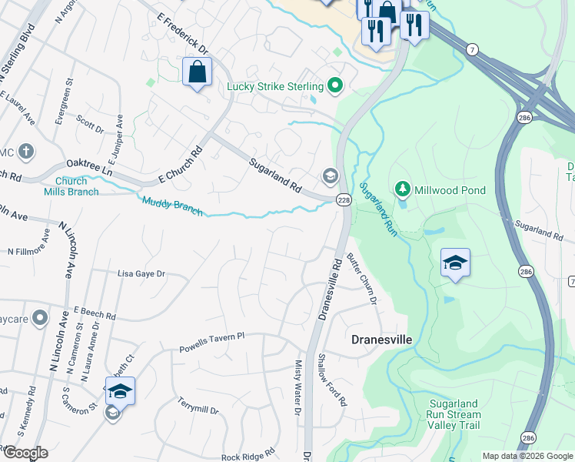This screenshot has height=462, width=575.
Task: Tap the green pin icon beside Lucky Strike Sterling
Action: pos(334,85)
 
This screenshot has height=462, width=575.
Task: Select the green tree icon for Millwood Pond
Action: pos(401,189)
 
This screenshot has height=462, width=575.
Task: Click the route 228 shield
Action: pos(343,199)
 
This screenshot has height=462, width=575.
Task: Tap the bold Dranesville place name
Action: pos(382,339)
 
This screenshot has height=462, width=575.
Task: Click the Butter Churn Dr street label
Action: pos(361,278)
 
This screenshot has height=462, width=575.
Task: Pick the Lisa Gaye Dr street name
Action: pos(141,273)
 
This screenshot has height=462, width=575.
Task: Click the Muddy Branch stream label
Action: pos(172,206)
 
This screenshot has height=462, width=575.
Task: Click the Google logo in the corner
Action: pos(25,453)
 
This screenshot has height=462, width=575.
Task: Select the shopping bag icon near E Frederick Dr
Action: pos(198,72)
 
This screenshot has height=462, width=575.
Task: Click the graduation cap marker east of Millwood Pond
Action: pos(455,263)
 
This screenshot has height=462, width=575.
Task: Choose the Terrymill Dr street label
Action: pos(198,407)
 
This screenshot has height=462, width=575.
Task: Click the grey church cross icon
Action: pos(25,151)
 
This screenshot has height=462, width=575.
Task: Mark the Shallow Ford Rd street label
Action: pos(331,380)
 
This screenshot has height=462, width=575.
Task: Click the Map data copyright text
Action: pos(527,455)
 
